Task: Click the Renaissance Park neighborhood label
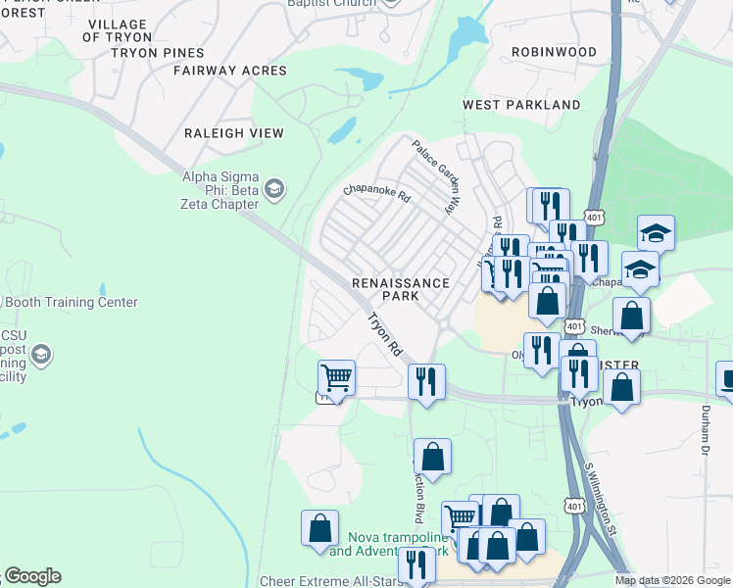401,290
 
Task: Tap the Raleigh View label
234,133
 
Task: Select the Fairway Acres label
230,71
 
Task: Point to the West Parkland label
521,105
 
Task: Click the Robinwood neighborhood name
554,52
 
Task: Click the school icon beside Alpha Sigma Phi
274,188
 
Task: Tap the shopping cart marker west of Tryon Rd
336,377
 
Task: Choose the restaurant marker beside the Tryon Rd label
426,380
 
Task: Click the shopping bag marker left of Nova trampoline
319,527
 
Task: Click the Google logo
32,576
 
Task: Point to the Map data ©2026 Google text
672,580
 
